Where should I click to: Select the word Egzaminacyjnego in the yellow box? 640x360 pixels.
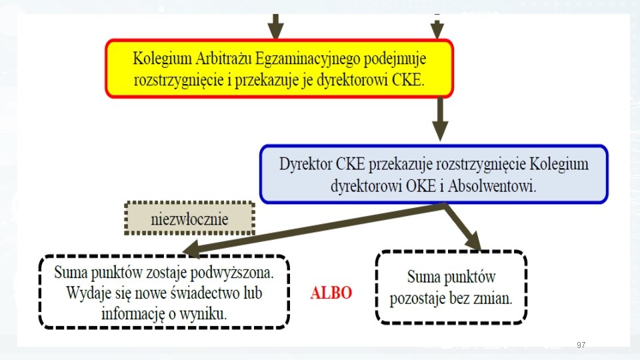(301, 59)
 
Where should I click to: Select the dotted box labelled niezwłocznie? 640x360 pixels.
(190, 219)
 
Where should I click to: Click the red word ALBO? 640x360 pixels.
(331, 293)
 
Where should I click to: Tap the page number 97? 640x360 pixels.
(581, 345)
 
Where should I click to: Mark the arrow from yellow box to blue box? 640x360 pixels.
(439, 120)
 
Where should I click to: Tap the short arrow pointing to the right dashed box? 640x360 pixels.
(463, 227)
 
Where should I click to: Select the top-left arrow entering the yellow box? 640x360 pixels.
(275, 27)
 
